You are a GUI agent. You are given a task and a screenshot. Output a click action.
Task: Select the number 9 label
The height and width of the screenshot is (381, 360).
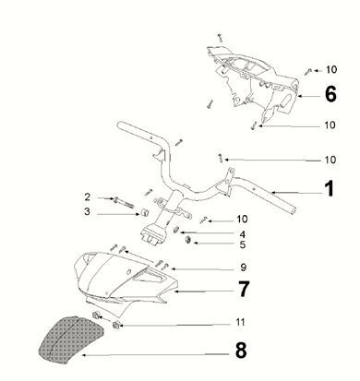[243, 268]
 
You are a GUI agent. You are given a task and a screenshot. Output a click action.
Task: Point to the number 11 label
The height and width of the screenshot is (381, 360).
[240, 323]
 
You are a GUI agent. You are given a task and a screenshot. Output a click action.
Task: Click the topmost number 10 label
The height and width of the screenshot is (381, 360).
[330, 70]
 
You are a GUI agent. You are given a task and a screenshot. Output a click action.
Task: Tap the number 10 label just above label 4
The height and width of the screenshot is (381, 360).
[242, 220]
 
